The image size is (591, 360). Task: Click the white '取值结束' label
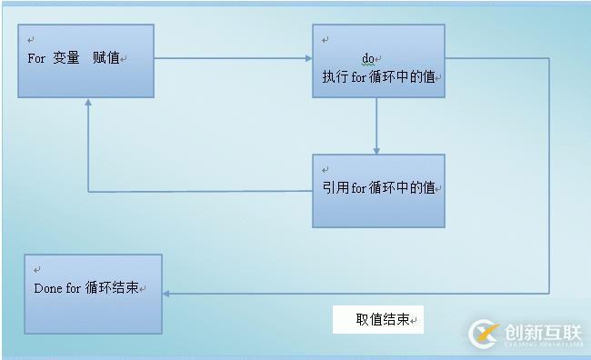(x=377, y=320)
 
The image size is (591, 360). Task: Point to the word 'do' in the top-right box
(x=368, y=59)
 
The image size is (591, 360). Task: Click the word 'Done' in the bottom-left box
(x=47, y=289)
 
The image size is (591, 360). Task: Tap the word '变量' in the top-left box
(x=66, y=58)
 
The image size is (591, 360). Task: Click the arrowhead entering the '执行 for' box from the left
(x=308, y=59)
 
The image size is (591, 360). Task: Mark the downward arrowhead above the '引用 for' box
(x=376, y=150)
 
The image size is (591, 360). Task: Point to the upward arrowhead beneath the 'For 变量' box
(x=87, y=103)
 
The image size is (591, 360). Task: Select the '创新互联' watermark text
(x=542, y=332)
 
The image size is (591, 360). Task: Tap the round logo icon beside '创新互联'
(x=483, y=335)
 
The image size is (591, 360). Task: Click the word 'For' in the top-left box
(x=36, y=58)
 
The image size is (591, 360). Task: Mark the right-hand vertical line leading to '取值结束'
(x=549, y=182)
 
